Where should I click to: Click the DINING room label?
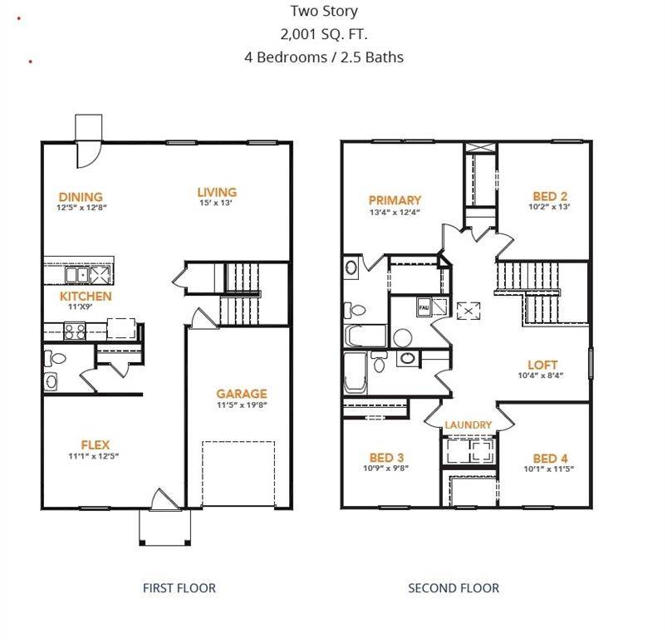pos(81,197)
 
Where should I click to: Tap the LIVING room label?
pos(217,192)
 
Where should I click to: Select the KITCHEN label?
pos(85,296)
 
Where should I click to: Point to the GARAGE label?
pos(242,394)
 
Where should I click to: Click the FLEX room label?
pos(96,444)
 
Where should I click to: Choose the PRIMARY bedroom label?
pos(395,200)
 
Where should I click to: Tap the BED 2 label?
pos(550,197)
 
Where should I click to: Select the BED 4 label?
pos(551,459)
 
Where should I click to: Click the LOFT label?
pos(542,365)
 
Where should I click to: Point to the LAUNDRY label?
pos(468,425)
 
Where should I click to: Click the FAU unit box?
pos(424,307)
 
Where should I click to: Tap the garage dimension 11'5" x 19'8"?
pos(242,405)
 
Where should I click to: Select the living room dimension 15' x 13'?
pos(217,203)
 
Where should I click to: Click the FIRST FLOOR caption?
pos(179,588)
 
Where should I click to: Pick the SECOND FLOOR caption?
pos(454,588)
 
